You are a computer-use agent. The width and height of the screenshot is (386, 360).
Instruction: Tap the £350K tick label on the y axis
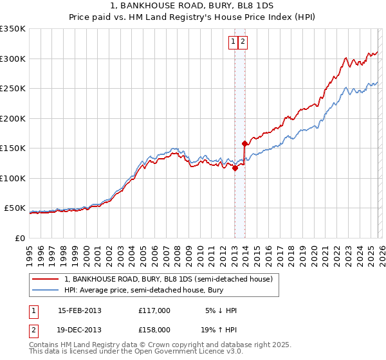pos(13,29)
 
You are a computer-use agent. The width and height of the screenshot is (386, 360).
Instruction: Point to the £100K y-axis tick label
pos(13,178)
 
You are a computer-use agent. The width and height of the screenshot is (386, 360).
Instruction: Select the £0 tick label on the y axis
pos(19,238)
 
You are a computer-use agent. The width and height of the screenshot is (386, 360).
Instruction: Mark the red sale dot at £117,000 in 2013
pos(235,168)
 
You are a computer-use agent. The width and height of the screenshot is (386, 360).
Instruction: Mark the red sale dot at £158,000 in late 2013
pos(244,144)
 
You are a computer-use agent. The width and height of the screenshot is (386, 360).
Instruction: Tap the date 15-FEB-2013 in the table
pos(80,310)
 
